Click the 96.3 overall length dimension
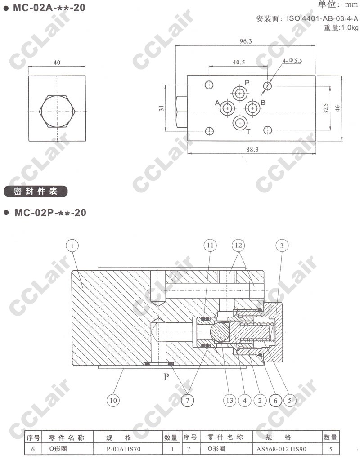pyautogui.click(x=246, y=41)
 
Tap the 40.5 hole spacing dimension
pyautogui.click(x=239, y=62)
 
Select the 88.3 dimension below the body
pyautogui.click(x=252, y=149)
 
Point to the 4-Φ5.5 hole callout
pyautogui.click(x=292, y=60)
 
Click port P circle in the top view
pyautogui.click(x=240, y=94)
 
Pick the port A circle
pyautogui.click(x=227, y=108)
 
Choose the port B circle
pyautogui.click(x=252, y=108)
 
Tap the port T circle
pyautogui.click(x=240, y=123)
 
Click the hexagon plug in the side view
pyautogui.click(x=57, y=112)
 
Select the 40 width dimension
pyautogui.click(x=57, y=63)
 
